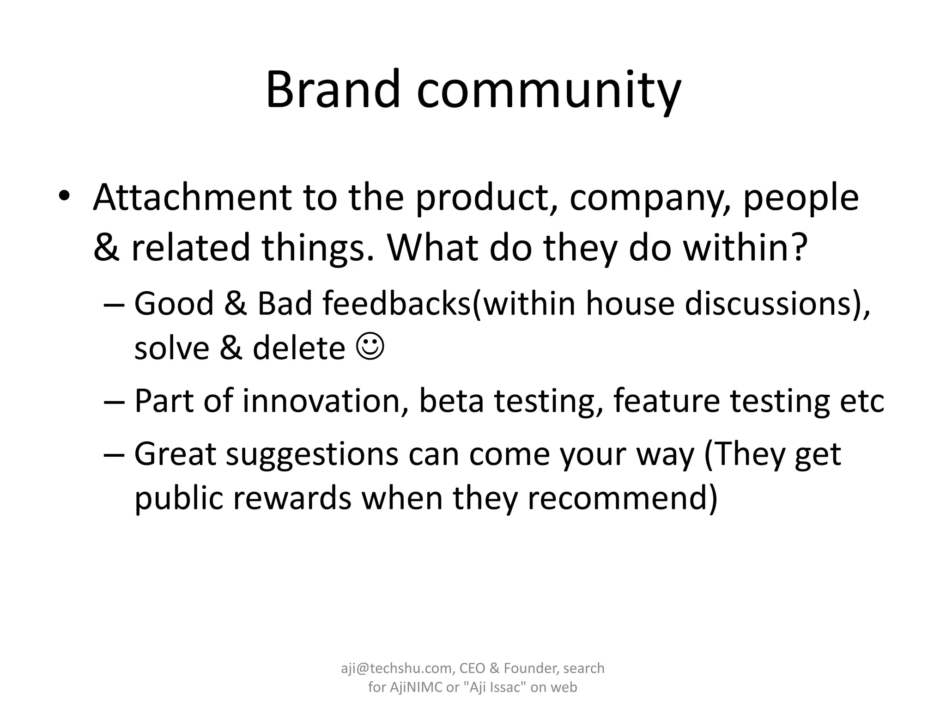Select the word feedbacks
(x=396, y=304)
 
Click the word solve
(x=171, y=348)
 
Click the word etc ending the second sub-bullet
(x=862, y=401)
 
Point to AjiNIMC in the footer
(x=416, y=687)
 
